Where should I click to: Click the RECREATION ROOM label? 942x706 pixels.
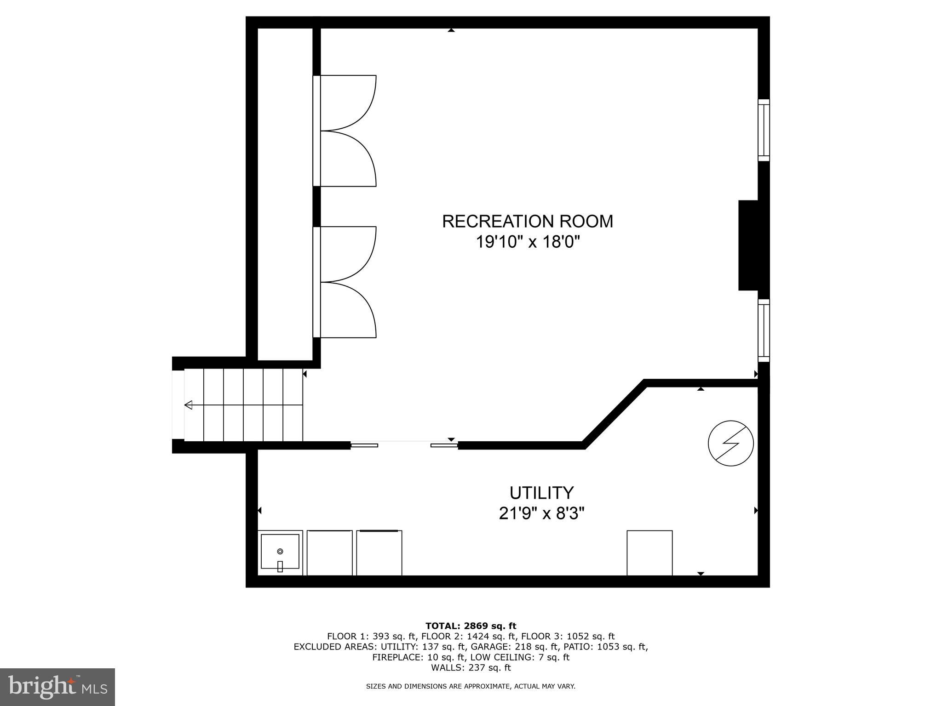pyautogui.click(x=527, y=221)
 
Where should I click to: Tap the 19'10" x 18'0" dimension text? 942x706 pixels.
pyautogui.click(x=527, y=242)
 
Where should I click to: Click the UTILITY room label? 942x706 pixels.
pyautogui.click(x=541, y=493)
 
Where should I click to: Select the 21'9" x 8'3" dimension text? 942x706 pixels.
pyautogui.click(x=541, y=513)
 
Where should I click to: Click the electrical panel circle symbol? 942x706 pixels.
pyautogui.click(x=730, y=443)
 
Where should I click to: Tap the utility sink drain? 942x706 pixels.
pyautogui.click(x=280, y=551)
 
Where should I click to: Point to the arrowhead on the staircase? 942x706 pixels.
pyautogui.click(x=188, y=405)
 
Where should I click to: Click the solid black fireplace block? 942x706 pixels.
pyautogui.click(x=748, y=245)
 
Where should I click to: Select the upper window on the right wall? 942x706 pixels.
pyautogui.click(x=764, y=130)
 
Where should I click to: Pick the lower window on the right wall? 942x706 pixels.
pyautogui.click(x=764, y=330)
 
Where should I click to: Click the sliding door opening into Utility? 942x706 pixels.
pyautogui.click(x=404, y=444)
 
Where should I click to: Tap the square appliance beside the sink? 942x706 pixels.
pyautogui.click(x=329, y=552)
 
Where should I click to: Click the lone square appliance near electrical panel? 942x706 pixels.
pyautogui.click(x=649, y=552)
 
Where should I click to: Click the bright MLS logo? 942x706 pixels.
pyautogui.click(x=57, y=687)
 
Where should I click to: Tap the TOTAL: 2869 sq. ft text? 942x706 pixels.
pyautogui.click(x=471, y=626)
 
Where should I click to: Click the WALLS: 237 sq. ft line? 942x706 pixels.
pyautogui.click(x=471, y=667)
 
